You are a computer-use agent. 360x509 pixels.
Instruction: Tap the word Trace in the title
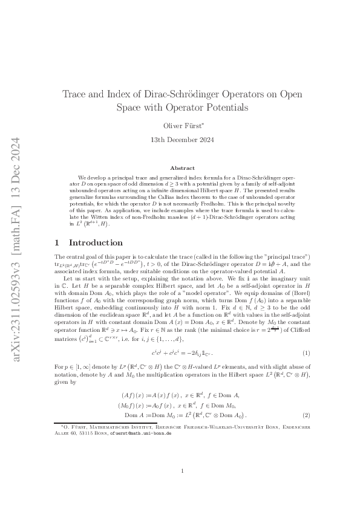[x=77, y=94]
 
